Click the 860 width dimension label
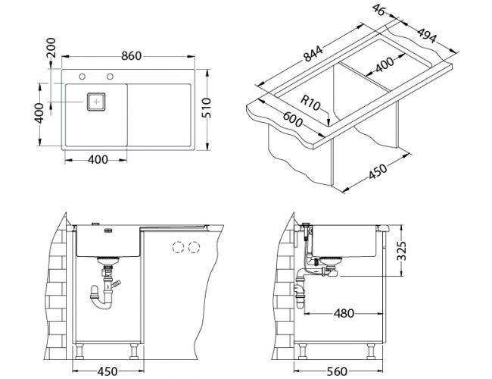(x=132, y=56)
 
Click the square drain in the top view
(x=96, y=102)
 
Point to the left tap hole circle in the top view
(x=81, y=76)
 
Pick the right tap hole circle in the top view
(x=111, y=76)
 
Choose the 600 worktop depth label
(x=293, y=120)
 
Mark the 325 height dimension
(x=404, y=249)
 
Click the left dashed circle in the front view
(x=179, y=247)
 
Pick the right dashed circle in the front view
(x=195, y=247)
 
